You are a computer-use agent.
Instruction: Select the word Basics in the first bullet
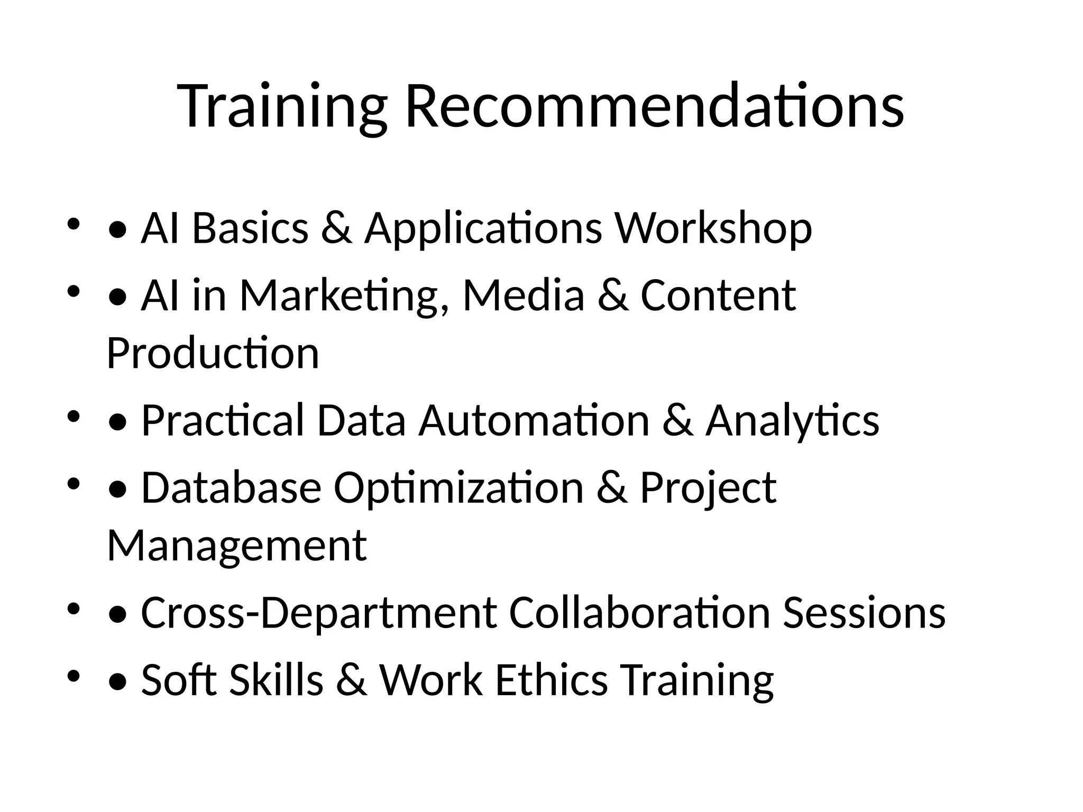pyautogui.click(x=250, y=228)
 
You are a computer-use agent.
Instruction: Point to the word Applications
pyautogui.click(x=483, y=228)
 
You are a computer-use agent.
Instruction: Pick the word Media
pyautogui.click(x=524, y=296)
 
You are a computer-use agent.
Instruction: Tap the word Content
pyautogui.click(x=718, y=296)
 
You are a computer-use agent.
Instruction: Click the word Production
pyautogui.click(x=213, y=353)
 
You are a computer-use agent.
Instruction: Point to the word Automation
pyautogui.click(x=534, y=420)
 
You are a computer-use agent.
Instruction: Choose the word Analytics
pyautogui.click(x=792, y=420)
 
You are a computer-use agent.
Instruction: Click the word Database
pyautogui.click(x=231, y=487)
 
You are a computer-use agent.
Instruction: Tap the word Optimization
pyautogui.click(x=458, y=487)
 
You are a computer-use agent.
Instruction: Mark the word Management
pyautogui.click(x=237, y=545)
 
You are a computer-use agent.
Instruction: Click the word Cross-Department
pyautogui.click(x=319, y=612)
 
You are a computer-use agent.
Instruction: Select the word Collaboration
pyautogui.click(x=639, y=612)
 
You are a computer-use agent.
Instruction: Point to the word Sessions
pyautogui.click(x=864, y=612)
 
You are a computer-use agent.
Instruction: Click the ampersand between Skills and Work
pyautogui.click(x=351, y=680)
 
